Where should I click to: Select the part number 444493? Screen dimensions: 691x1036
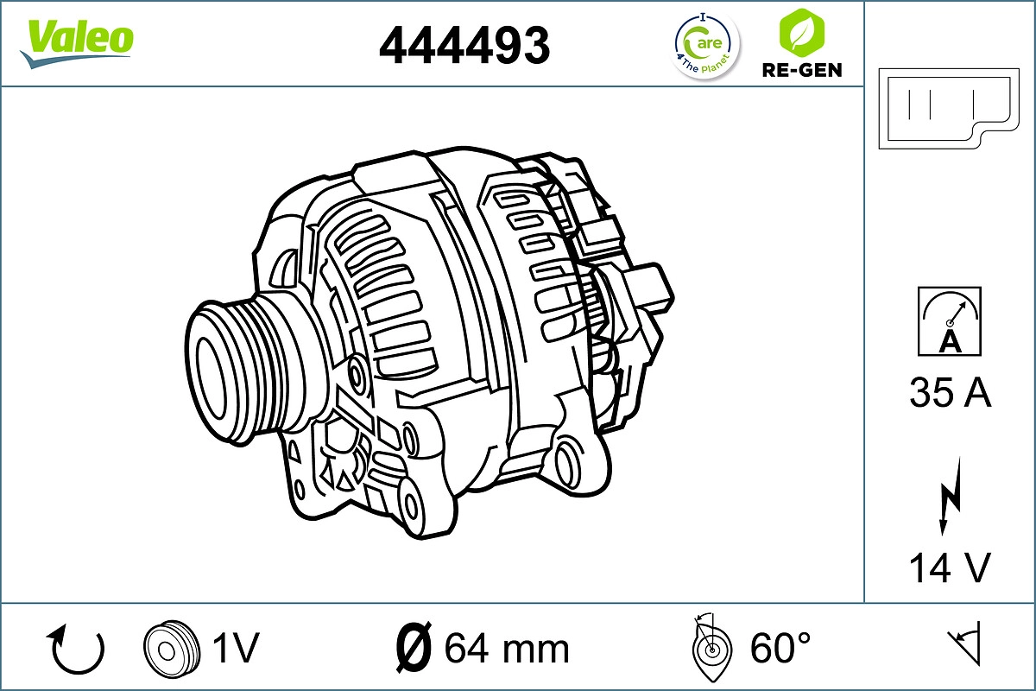[x=464, y=45]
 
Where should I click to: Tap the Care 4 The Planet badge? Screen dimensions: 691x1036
[x=706, y=46]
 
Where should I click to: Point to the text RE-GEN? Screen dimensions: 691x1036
[x=801, y=70]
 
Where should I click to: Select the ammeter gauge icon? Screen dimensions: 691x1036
[x=950, y=321]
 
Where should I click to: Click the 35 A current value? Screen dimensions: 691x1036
[x=950, y=393]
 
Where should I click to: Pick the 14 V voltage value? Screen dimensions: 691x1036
[x=950, y=567]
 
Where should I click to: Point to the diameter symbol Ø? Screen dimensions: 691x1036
[x=413, y=648]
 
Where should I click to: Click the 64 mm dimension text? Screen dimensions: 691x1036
[x=507, y=648]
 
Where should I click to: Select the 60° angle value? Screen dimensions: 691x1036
[x=780, y=648]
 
